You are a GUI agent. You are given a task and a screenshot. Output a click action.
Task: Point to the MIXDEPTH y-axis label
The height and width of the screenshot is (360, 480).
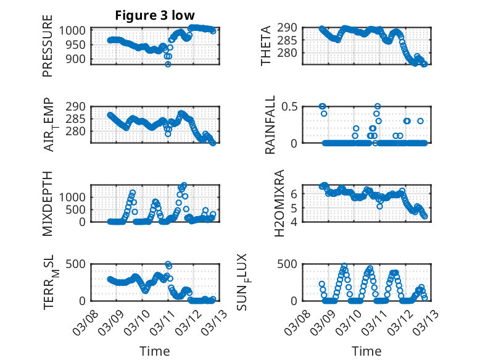point(48,204)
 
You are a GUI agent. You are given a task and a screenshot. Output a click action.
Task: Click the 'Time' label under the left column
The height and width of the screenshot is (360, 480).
point(154,351)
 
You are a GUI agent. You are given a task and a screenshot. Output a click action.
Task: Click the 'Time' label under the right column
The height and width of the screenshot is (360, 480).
point(366,351)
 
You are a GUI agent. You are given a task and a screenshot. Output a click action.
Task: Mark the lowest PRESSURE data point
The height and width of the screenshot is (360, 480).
point(168,64)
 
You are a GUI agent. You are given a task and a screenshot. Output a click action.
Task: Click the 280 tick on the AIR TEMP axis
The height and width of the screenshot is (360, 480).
point(78,132)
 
